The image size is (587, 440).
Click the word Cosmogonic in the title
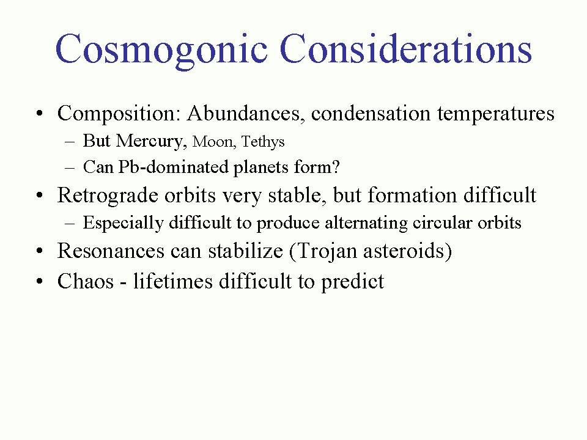click(161, 50)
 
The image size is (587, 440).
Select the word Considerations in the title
click(405, 49)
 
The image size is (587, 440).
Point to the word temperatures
click(496, 114)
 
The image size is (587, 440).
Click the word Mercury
click(151, 141)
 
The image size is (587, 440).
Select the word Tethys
click(263, 142)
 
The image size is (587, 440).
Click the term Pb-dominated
click(173, 167)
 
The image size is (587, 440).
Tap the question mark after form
click(336, 167)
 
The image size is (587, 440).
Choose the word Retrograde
click(108, 196)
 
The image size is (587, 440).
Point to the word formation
click(412, 196)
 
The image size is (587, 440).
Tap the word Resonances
click(111, 251)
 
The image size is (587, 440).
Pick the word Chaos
click(85, 281)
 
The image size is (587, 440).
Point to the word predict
click(352, 282)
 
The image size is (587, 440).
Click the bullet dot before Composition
click(40, 114)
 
